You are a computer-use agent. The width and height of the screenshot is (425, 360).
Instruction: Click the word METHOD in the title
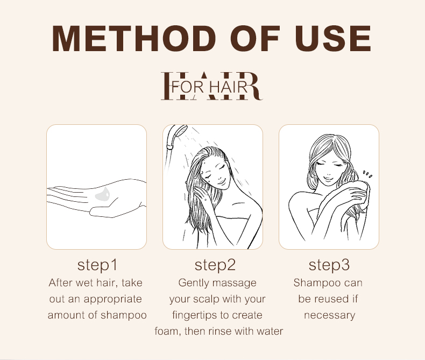coord(133,38)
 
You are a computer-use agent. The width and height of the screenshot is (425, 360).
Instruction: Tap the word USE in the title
coord(333,38)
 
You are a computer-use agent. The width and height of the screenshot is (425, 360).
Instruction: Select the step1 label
coord(97,265)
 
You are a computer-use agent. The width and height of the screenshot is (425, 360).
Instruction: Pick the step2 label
coord(215,265)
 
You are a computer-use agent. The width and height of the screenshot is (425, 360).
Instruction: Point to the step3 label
coord(329,265)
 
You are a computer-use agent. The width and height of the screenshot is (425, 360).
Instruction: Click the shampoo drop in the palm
coord(102,194)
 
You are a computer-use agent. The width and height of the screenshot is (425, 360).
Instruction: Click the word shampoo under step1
coord(124,315)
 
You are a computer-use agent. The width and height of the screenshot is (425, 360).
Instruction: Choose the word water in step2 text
coord(270,331)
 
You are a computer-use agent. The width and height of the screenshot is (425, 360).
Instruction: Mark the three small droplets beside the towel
coord(367,174)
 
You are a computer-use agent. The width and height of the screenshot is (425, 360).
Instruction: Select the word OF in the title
coord(255,38)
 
